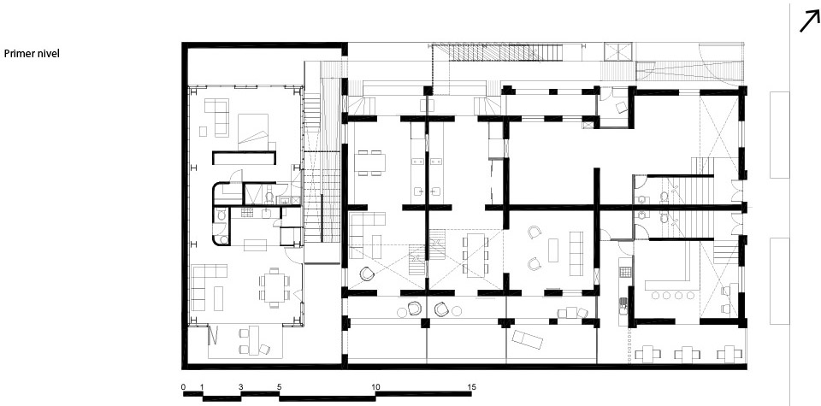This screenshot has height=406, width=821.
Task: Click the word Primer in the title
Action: pyautogui.click(x=18, y=53)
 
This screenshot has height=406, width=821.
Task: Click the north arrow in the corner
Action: pyautogui.click(x=810, y=22)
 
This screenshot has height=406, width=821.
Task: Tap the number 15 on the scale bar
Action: pyautogui.click(x=472, y=387)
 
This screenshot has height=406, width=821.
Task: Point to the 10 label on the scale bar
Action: pyautogui.click(x=375, y=387)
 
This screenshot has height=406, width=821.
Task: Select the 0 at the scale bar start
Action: pyautogui.click(x=183, y=387)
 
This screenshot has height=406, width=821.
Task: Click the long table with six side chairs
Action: pyautogui.click(x=475, y=254)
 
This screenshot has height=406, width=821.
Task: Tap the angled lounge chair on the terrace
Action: pyautogui.click(x=528, y=339)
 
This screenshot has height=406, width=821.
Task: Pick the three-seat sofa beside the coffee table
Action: pyautogui.click(x=576, y=254)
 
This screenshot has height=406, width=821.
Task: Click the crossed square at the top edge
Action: pyautogui.click(x=618, y=52)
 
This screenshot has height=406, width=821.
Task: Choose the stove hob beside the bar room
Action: pyautogui.click(x=625, y=272)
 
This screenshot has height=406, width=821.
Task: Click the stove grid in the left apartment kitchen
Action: pyautogui.click(x=247, y=212)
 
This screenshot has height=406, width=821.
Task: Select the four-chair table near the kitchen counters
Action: pyautogui.click(x=369, y=162)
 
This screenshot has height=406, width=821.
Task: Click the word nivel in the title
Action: pyautogui.click(x=47, y=53)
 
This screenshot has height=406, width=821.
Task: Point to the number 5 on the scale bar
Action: pyautogui.click(x=279, y=387)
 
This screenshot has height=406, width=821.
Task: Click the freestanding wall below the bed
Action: pyautogui.click(x=244, y=157)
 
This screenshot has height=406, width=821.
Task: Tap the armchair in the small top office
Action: pyautogui.click(x=621, y=107)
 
